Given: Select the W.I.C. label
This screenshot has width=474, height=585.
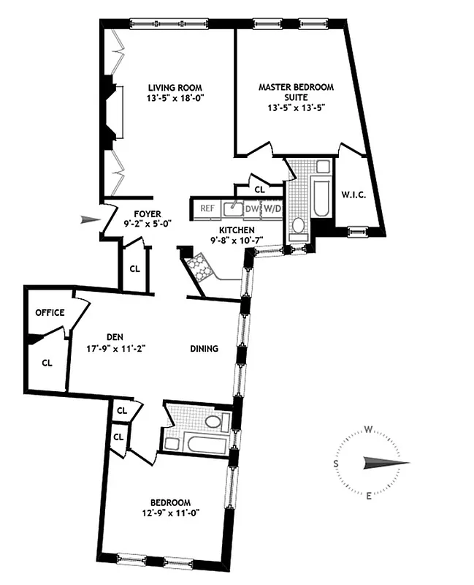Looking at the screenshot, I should [x=352, y=195].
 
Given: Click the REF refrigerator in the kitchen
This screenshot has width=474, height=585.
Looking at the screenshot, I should [x=207, y=208].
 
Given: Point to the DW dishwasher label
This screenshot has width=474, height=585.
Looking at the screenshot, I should [x=252, y=208].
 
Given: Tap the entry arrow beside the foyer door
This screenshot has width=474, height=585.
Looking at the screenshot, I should [x=91, y=218].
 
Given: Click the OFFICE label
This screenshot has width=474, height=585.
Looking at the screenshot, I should [x=50, y=313].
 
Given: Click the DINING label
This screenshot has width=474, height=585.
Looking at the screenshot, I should [x=204, y=349].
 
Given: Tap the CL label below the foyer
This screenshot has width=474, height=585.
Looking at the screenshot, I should [x=134, y=268].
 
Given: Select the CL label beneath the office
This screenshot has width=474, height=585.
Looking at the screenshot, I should [x=47, y=361].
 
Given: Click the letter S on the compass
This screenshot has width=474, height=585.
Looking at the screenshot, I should [x=336, y=464].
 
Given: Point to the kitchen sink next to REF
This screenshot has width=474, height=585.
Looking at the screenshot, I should [x=233, y=208].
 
